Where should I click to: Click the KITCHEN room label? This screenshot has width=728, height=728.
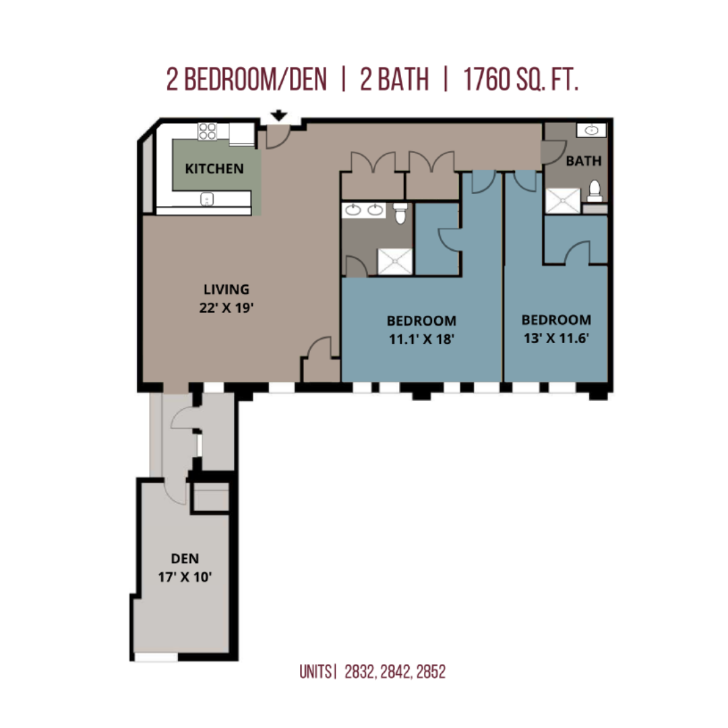[x=214, y=169]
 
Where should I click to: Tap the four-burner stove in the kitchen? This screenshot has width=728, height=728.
[x=207, y=131]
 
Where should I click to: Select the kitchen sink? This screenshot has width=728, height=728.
[x=207, y=199]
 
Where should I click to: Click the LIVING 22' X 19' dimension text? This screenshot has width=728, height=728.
[x=226, y=308]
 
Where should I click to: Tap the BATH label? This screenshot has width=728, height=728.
[x=584, y=161]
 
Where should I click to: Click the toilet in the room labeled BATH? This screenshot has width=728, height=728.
[x=595, y=191]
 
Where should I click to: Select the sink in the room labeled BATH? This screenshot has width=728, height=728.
[x=591, y=131]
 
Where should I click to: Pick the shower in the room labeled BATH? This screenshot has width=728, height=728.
[x=563, y=201]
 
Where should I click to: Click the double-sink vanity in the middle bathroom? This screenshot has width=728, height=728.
[x=364, y=210]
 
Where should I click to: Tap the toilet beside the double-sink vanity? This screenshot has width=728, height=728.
[x=400, y=212]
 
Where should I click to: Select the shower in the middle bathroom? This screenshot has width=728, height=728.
[x=394, y=262]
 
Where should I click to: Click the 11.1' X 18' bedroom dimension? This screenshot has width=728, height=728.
[x=421, y=339]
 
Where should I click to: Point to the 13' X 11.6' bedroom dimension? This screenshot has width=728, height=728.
[x=556, y=338]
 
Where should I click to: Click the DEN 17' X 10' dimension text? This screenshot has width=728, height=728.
[x=185, y=577]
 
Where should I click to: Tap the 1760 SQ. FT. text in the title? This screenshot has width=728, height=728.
[x=520, y=80]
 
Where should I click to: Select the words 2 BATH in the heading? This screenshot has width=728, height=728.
[x=394, y=80]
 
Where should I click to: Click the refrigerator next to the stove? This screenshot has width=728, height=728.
[x=241, y=133]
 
